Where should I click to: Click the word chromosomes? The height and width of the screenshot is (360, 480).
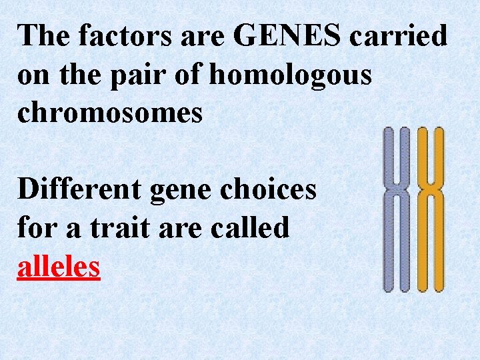(x=110, y=113)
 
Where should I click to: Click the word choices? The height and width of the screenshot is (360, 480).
(x=270, y=190)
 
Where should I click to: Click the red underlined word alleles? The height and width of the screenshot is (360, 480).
(x=59, y=267)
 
